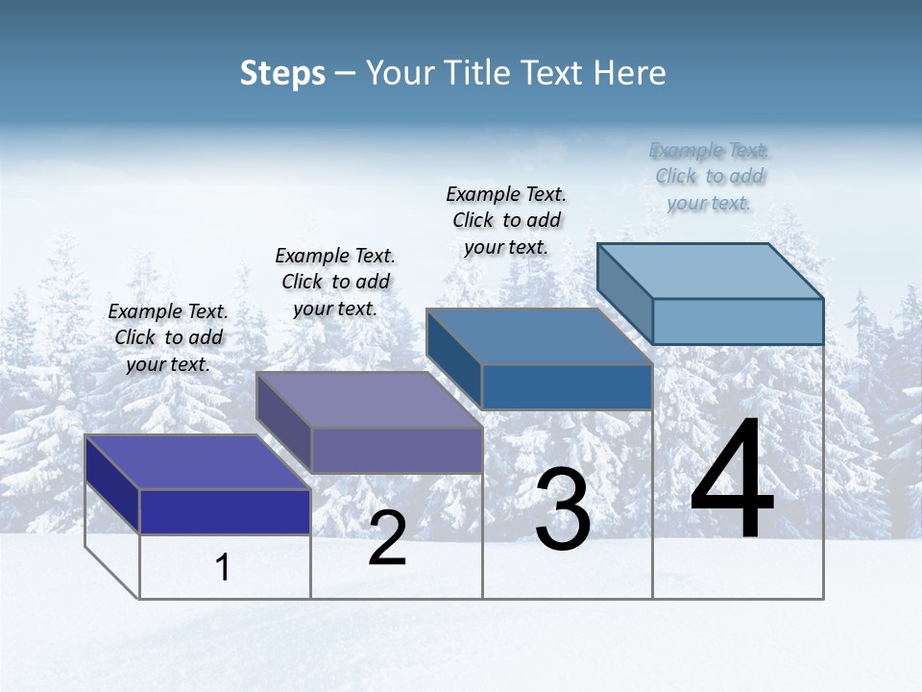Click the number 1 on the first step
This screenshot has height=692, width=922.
click(x=223, y=568)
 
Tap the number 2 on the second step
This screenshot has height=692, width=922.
click(x=387, y=539)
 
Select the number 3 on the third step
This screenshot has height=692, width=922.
click(x=563, y=509)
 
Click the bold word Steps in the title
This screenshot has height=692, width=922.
click(x=282, y=73)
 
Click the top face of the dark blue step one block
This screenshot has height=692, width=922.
click(x=197, y=461)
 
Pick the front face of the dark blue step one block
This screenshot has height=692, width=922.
click(x=225, y=511)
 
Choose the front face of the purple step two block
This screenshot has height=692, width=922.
click(x=397, y=450)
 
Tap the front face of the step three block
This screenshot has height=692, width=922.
click(x=567, y=386)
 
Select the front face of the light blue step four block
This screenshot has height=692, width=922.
click(x=738, y=321)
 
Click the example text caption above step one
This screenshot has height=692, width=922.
click(x=168, y=338)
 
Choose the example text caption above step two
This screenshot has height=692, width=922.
click(x=335, y=282)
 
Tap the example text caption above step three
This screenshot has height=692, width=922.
click(x=506, y=220)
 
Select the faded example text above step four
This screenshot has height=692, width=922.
click(x=710, y=176)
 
